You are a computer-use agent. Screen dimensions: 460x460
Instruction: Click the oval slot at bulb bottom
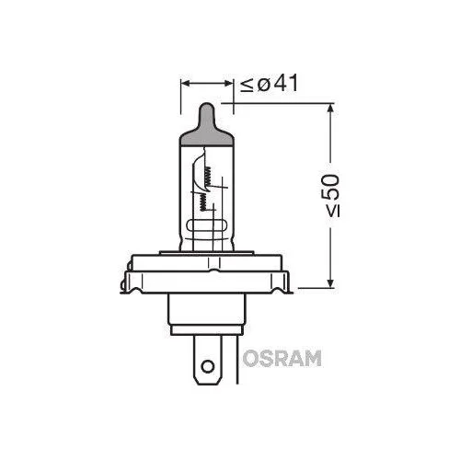click(x=208, y=224)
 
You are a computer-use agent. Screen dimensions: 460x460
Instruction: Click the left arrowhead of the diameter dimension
click(x=184, y=84)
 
